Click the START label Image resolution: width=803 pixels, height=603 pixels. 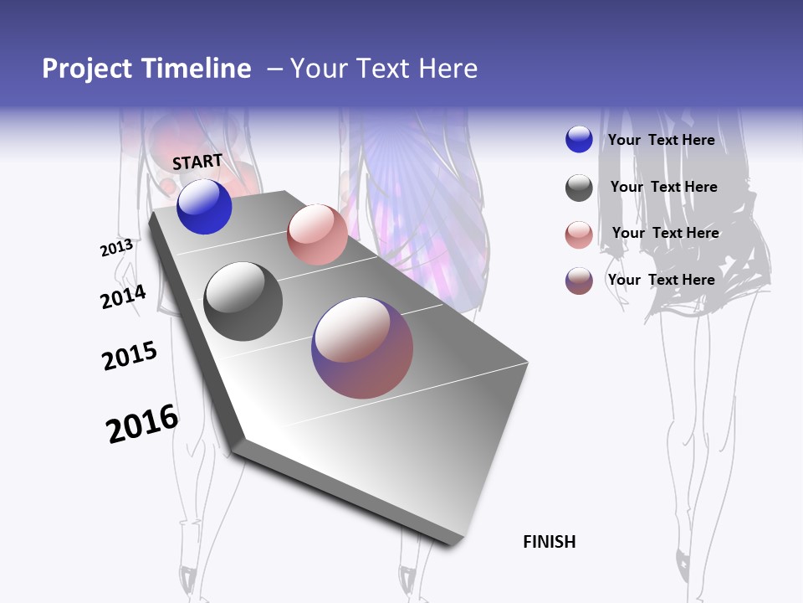point(197,162)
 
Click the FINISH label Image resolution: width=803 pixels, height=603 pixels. point(549,542)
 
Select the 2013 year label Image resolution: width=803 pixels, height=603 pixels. point(116,248)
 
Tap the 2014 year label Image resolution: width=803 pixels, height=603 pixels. point(123,296)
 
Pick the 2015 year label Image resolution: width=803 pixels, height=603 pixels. point(130,356)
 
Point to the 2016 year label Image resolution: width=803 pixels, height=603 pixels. point(142,424)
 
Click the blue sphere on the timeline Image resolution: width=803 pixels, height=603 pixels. point(204,207)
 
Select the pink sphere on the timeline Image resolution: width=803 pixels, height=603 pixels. point(317,234)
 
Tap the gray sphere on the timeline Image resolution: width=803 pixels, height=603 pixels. point(243,301)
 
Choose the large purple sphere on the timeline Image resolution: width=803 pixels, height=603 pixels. point(362,348)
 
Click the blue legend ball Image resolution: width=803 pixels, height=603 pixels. point(579,140)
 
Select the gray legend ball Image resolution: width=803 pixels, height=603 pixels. point(579,188)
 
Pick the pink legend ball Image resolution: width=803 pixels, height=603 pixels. point(579,234)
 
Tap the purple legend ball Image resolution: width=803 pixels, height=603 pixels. point(579,281)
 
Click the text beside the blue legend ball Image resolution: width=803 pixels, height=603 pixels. point(661,140)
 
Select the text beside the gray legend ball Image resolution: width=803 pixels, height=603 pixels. point(663,187)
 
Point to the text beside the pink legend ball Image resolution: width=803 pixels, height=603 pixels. point(665,233)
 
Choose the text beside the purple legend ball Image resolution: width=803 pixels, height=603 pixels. point(661,280)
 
